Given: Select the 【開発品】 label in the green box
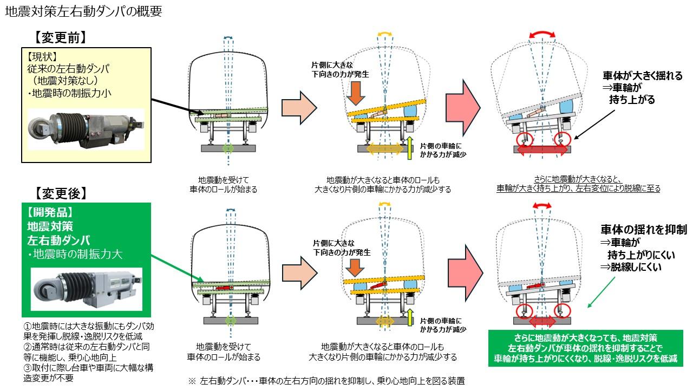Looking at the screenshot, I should coord(48,211).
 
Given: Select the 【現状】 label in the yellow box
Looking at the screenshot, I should coord(42,56).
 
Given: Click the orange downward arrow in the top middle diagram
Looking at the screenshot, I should coord(355,93).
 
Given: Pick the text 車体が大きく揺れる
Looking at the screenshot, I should coord(642,75).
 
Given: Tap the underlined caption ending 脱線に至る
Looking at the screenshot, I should coord(578,184).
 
